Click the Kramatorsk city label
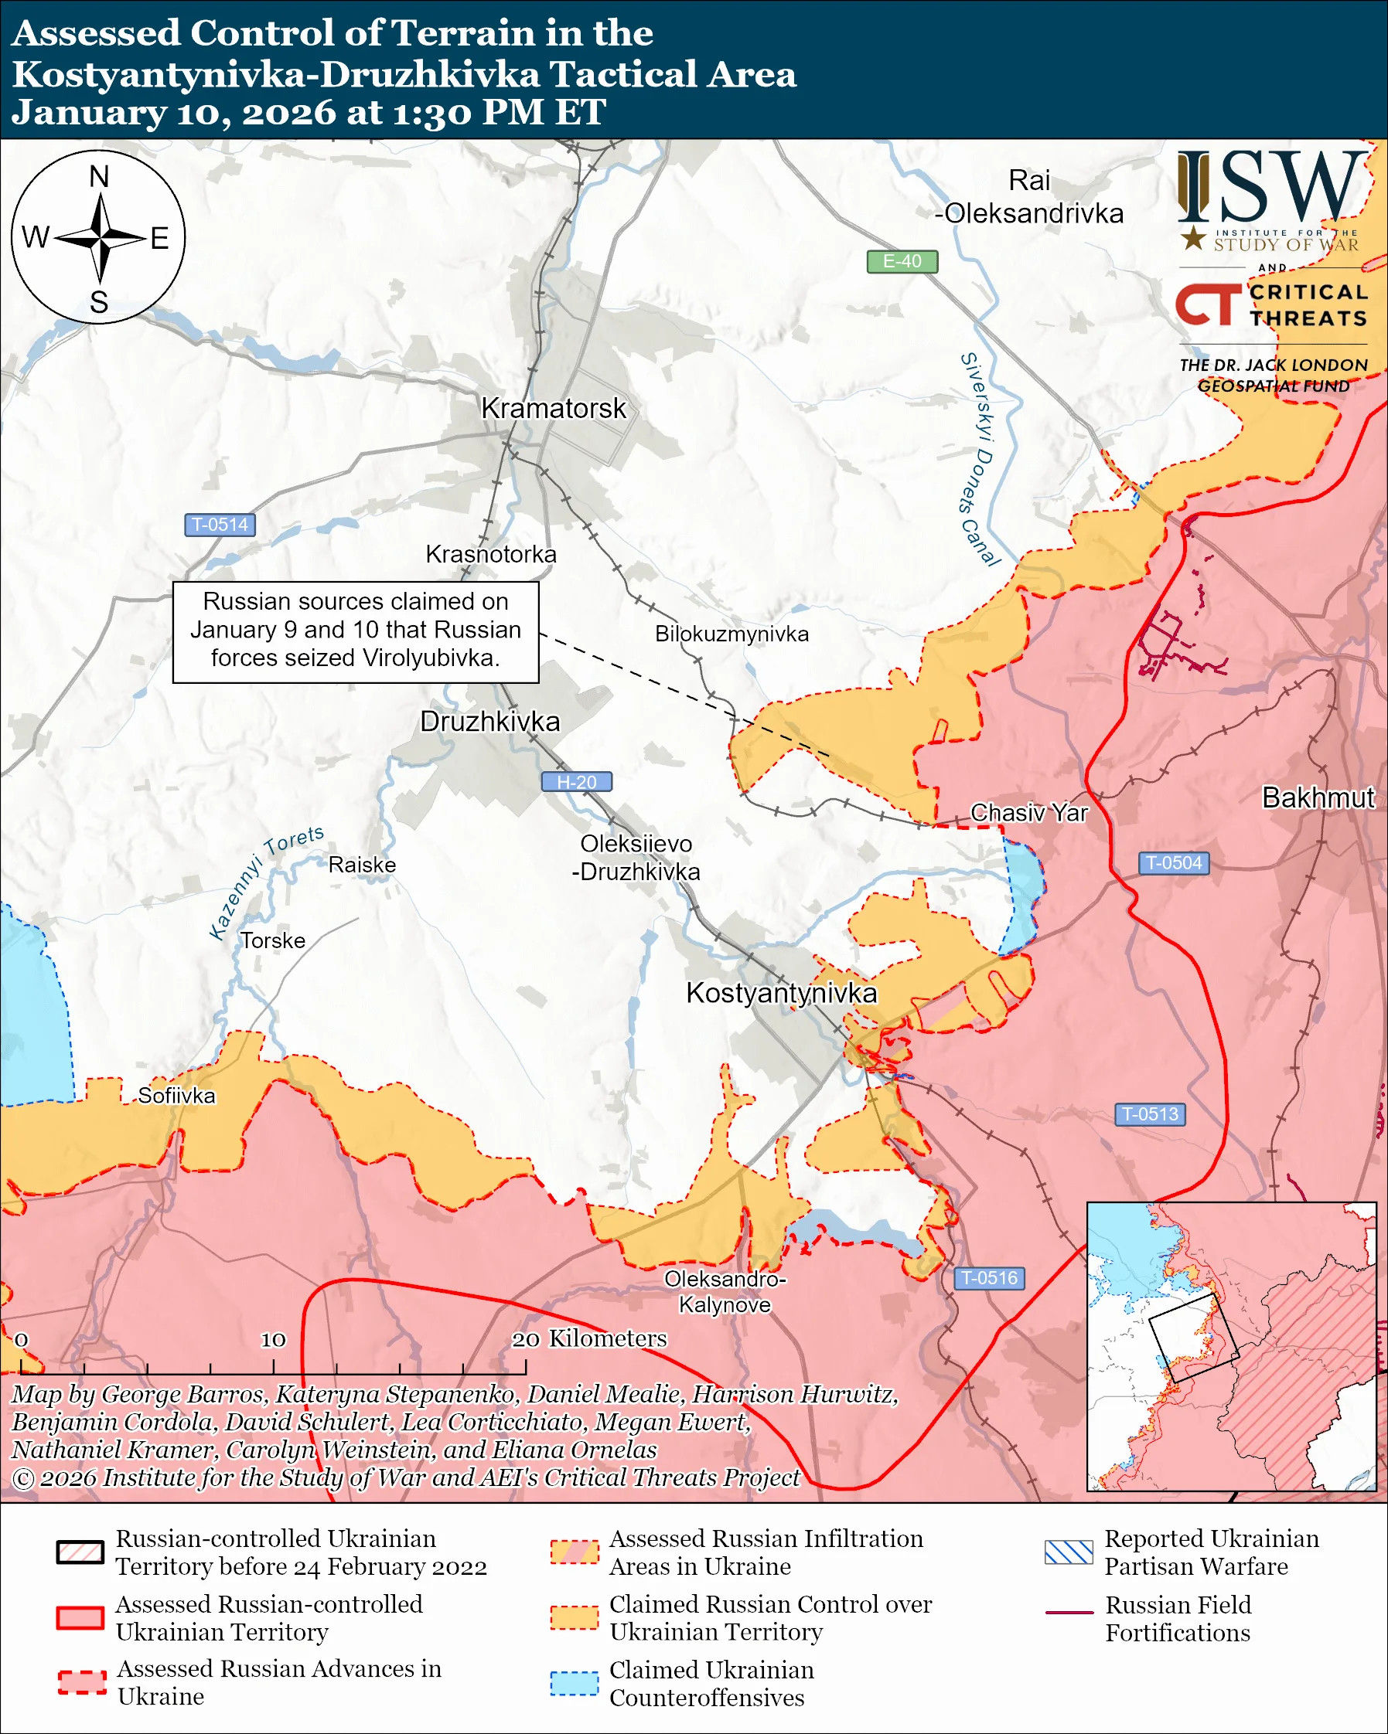click(553, 409)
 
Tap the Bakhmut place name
click(1318, 797)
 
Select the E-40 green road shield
click(902, 261)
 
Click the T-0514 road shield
click(220, 525)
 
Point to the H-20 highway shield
click(576, 782)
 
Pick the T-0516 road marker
click(989, 1278)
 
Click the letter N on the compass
click(99, 177)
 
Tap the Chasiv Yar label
click(1028, 812)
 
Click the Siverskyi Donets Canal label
click(980, 458)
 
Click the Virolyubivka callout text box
click(356, 632)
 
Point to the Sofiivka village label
click(176, 1096)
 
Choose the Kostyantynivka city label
click(780, 993)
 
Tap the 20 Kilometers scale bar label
click(589, 1339)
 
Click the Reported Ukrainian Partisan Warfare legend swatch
click(1069, 1552)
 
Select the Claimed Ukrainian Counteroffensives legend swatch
click(574, 1683)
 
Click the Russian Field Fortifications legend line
click(1069, 1613)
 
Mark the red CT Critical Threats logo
click(1207, 304)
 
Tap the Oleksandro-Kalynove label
click(725, 1292)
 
